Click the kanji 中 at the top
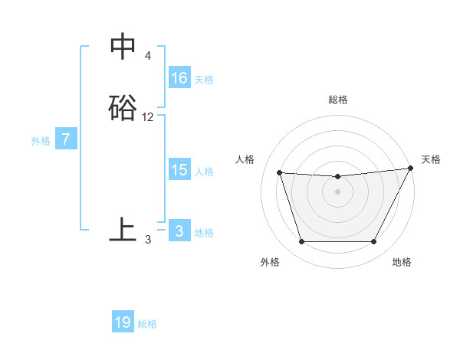point(123,47)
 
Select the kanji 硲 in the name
point(123,108)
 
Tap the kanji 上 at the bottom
point(123,230)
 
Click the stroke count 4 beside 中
point(147,57)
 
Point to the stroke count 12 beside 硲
point(148,117)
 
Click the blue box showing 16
point(179,78)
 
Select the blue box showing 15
point(179,170)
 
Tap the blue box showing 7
point(66,140)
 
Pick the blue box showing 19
point(123,322)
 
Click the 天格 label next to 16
point(204,80)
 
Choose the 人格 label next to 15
point(204,172)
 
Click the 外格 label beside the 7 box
point(41,141)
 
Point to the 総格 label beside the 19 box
point(147,324)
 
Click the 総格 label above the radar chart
point(337,100)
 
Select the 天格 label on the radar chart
point(431,159)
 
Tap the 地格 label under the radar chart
point(402,262)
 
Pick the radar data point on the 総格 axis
point(337,177)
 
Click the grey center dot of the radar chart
point(337,192)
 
